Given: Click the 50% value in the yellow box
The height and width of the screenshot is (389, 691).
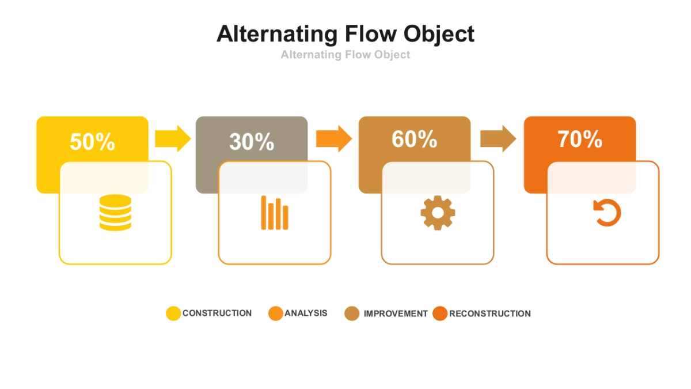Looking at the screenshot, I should tap(92, 141).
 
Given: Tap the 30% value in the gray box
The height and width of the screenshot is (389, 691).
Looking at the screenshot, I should tap(252, 141).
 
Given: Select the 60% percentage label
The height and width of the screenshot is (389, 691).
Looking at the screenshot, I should tap(414, 139).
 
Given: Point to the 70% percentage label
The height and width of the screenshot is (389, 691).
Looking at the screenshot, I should tap(580, 139).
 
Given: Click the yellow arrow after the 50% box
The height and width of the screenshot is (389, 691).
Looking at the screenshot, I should tap(172, 138).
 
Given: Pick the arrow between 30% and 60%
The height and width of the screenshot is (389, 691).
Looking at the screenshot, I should tap(333, 138).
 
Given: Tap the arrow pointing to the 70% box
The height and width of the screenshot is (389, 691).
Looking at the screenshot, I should tap(498, 138).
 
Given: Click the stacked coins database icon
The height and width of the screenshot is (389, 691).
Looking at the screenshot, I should tap(115, 213).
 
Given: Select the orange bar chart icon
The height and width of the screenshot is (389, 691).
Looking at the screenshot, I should tap(274, 213).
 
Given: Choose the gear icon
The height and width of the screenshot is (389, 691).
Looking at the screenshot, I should tap(438, 213).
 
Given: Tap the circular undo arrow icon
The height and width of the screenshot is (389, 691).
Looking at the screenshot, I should tap(607, 213).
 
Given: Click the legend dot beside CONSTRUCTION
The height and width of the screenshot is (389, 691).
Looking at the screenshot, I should tap(173, 314).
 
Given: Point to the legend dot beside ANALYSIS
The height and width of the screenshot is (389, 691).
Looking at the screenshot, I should tap(276, 314).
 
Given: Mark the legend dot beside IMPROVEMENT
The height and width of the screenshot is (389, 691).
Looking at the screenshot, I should tap(352, 314).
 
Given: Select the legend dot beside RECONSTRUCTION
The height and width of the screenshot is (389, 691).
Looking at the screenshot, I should tap(440, 314).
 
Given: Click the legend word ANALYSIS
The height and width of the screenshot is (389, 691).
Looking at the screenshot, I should tap(306, 313).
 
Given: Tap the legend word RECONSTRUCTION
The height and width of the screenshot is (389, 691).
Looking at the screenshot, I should tap(490, 314).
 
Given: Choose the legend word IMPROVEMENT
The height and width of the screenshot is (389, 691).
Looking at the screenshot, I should tap(396, 314).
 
